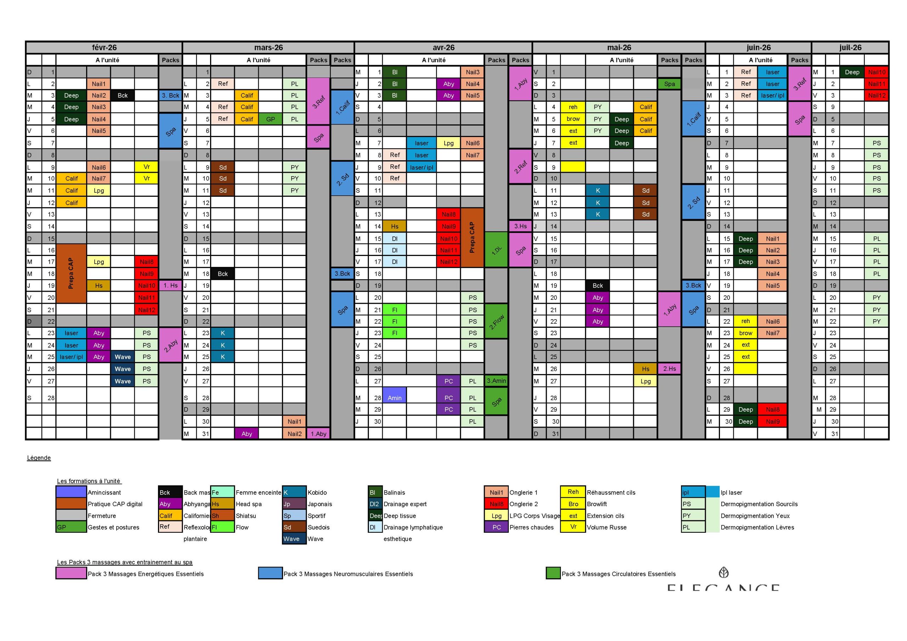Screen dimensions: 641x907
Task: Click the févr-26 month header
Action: (104, 47)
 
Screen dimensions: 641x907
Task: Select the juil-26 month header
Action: (850, 47)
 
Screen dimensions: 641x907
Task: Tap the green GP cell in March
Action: (271, 119)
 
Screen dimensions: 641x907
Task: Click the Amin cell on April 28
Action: (394, 397)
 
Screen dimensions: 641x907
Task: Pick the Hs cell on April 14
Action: (394, 226)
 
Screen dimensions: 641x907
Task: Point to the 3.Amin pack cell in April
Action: (496, 380)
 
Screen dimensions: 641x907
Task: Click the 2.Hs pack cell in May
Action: (669, 369)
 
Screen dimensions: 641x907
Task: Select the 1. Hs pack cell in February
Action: (170, 285)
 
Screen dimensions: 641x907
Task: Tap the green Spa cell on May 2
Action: (669, 84)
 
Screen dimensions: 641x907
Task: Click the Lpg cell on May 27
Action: (646, 381)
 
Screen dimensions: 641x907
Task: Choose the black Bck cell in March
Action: (222, 274)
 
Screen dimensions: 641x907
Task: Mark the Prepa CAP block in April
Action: (472, 237)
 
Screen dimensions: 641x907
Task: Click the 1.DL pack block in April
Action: (496, 250)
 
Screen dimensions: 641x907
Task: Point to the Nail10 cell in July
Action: (876, 72)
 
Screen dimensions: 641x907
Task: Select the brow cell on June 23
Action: (745, 333)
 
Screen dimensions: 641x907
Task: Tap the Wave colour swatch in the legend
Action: (294, 538)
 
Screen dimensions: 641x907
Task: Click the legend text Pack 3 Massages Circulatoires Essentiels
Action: (618, 573)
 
